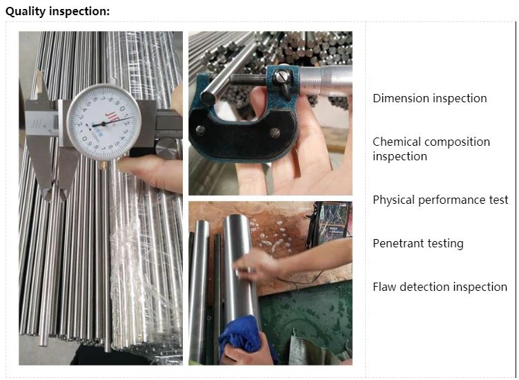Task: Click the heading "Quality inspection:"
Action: (57, 11)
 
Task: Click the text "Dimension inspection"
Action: (429, 98)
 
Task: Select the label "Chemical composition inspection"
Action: (431, 149)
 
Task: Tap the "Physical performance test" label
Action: (440, 200)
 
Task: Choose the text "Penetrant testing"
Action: (418, 243)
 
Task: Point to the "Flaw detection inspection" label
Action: (440, 287)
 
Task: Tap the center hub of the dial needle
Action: (104, 124)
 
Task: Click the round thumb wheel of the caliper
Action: (168, 147)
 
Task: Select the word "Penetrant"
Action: (400, 243)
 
